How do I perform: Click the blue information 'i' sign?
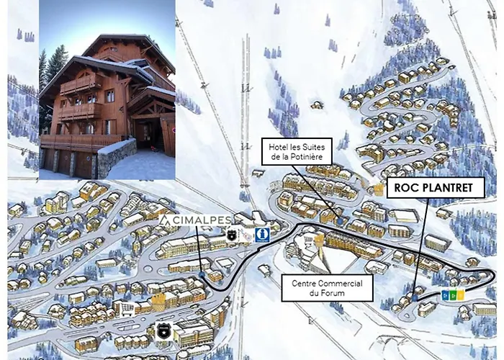coord(264,233)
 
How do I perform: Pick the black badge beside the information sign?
coord(232,234)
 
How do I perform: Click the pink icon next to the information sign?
coord(247,234)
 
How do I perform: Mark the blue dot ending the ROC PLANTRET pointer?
coord(415,296)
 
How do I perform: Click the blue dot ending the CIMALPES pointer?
coord(203,274)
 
